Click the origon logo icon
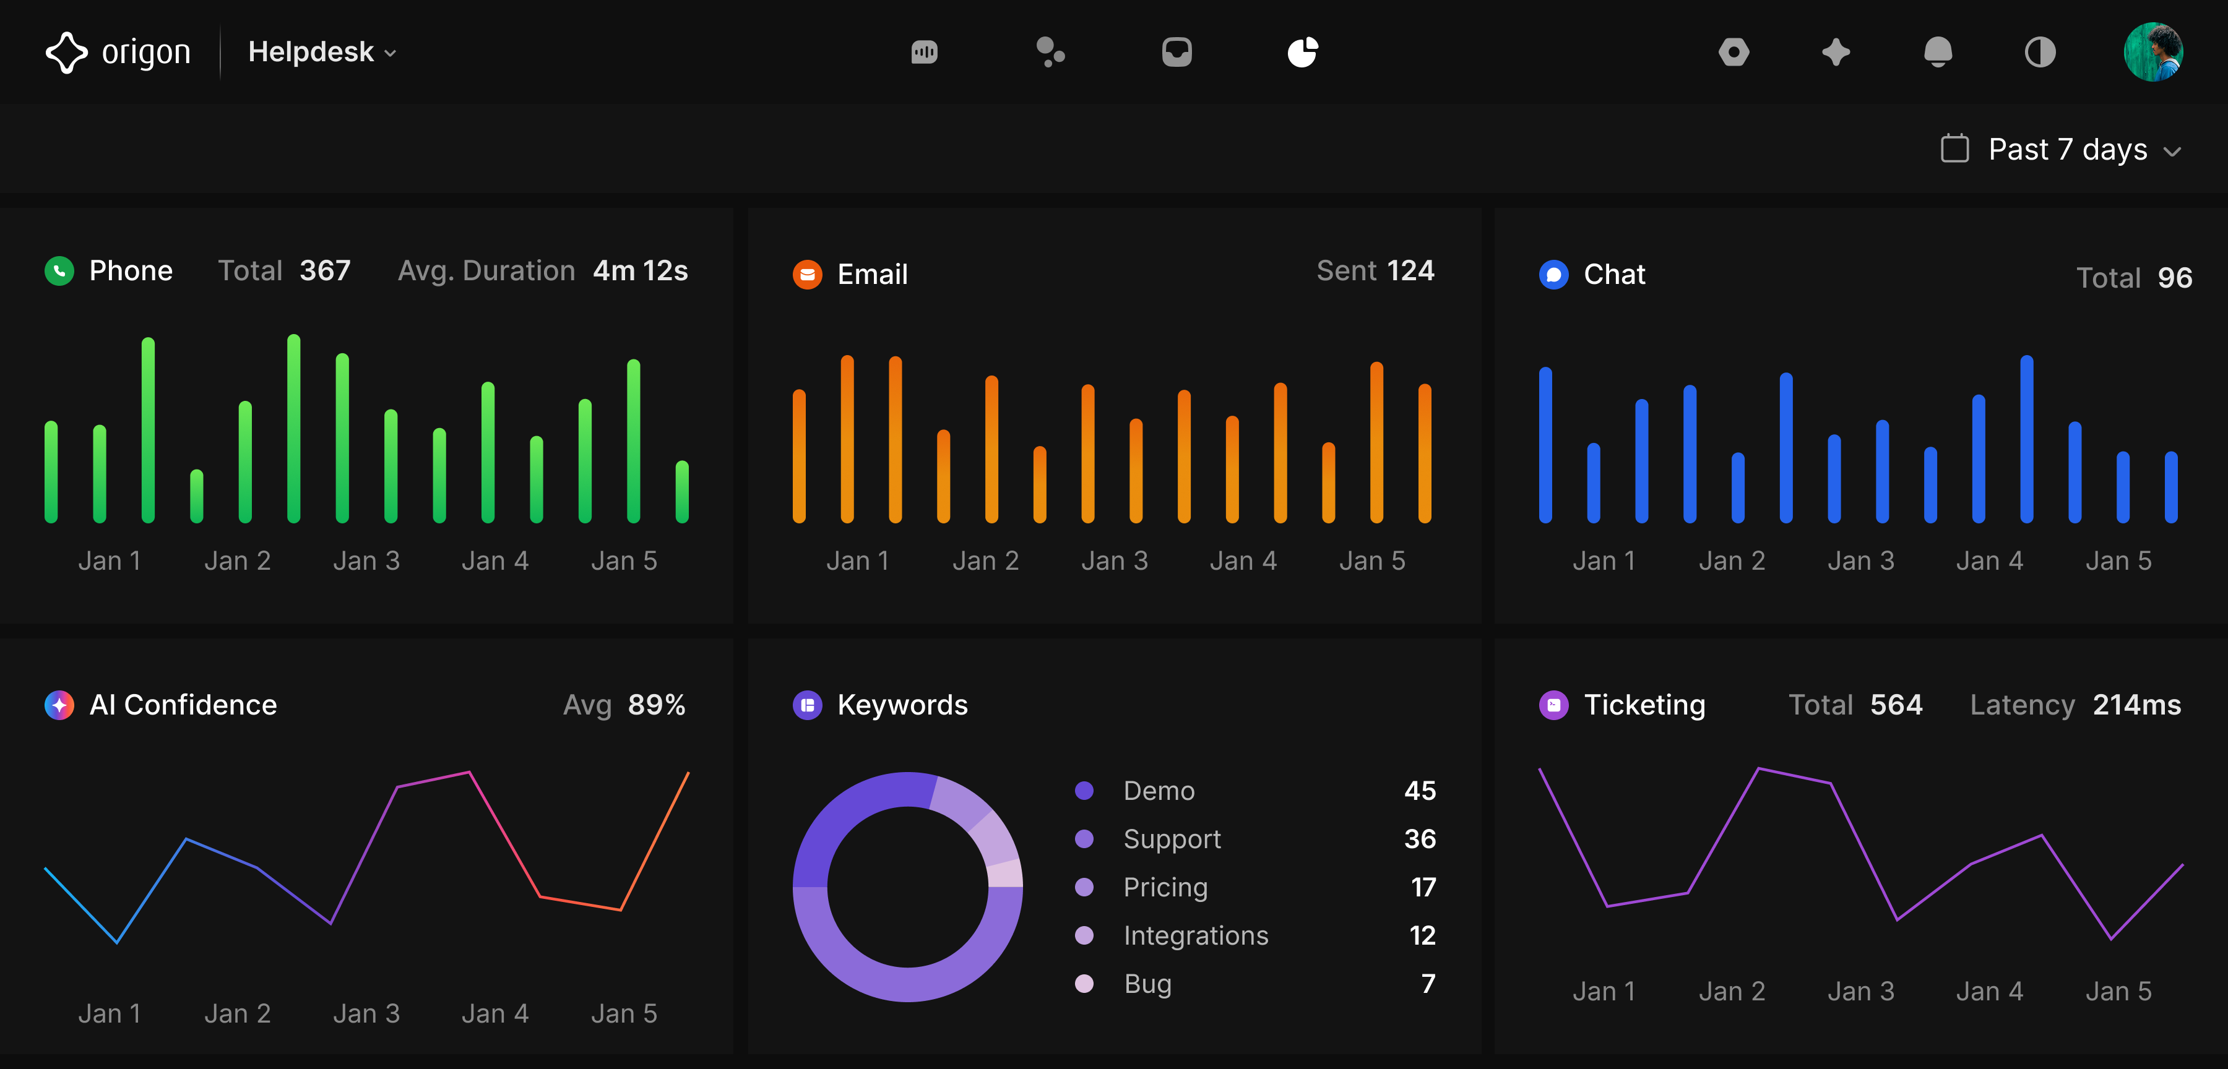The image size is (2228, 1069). tap(67, 53)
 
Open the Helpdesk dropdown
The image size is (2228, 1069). tap(322, 53)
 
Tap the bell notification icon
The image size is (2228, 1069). tap(1937, 53)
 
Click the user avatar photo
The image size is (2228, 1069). tap(2152, 53)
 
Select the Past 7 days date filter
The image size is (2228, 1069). tap(2065, 150)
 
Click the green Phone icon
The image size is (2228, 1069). tap(59, 272)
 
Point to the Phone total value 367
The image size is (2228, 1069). tap(325, 272)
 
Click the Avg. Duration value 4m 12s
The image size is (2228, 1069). tap(640, 272)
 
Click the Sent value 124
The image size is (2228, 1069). tap(1410, 272)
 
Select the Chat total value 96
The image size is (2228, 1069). tap(2174, 278)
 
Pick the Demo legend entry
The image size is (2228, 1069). tap(1158, 791)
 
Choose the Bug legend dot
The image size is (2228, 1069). tap(1084, 984)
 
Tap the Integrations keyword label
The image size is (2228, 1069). tap(1195, 936)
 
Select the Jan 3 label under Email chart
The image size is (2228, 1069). tap(1114, 561)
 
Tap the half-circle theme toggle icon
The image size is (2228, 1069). tap(2039, 53)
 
